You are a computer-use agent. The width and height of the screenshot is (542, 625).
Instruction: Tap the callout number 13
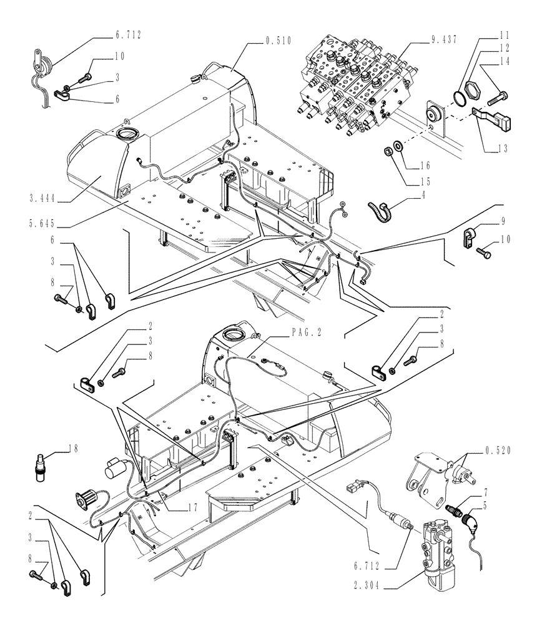pyautogui.click(x=504, y=149)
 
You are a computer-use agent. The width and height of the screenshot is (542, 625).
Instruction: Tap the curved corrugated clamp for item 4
pyautogui.click(x=379, y=209)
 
